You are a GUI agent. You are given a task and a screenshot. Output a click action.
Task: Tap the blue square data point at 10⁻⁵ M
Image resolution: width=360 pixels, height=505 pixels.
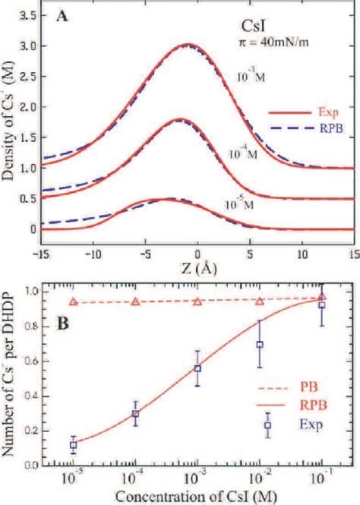(73, 446)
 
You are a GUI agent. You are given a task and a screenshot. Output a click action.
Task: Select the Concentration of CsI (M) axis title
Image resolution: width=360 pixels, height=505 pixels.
(196, 497)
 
